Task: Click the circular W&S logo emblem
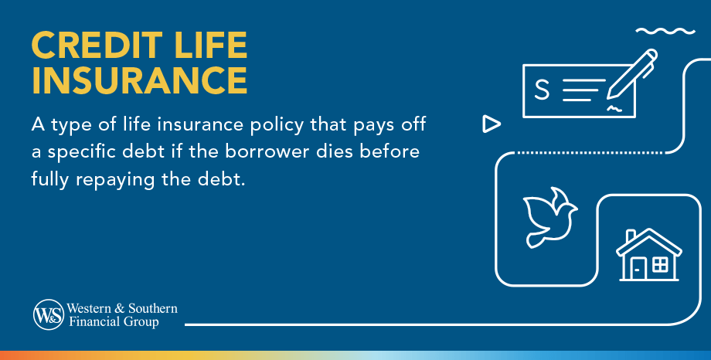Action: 48,314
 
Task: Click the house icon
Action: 648,254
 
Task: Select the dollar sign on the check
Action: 542,90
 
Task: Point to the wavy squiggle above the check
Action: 665,32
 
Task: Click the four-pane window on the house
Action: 660,265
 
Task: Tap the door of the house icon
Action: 638,269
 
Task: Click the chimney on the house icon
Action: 631,235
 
